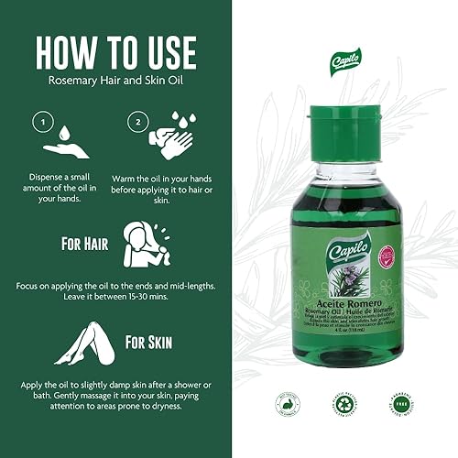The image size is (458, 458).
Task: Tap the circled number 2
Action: tap(139, 120)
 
